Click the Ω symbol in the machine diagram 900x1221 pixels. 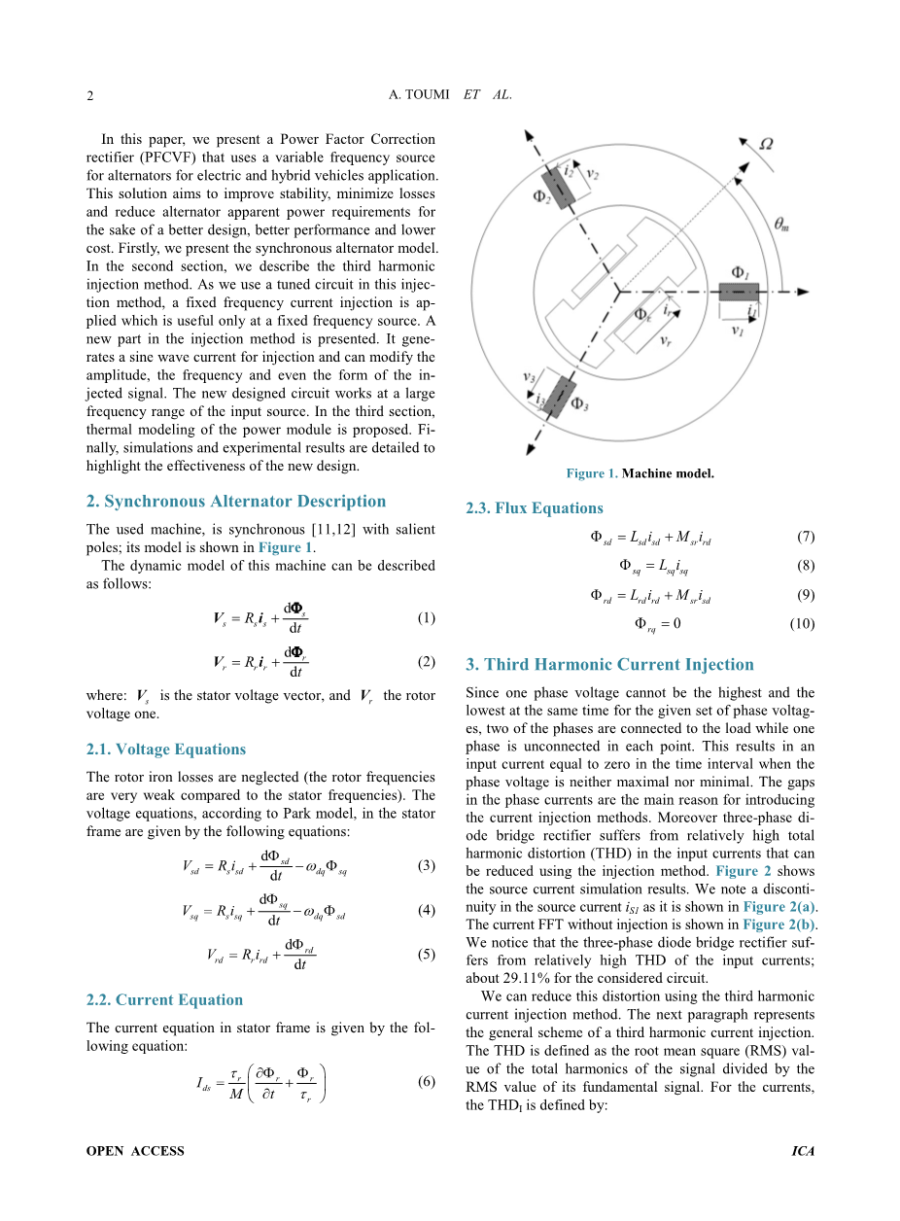click(x=766, y=144)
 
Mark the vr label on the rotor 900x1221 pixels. click(x=666, y=341)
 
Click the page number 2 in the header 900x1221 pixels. click(x=89, y=95)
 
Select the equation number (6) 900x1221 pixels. click(x=426, y=1081)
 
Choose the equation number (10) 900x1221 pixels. click(x=802, y=624)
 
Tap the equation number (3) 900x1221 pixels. click(x=426, y=866)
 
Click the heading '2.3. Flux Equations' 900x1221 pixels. click(x=535, y=508)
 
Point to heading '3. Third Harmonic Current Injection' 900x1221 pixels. click(x=609, y=665)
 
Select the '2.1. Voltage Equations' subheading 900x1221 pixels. click(x=166, y=750)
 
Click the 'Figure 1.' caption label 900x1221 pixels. click(x=591, y=474)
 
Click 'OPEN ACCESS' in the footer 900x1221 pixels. click(x=135, y=1151)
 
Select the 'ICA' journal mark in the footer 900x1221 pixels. click(x=803, y=1151)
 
